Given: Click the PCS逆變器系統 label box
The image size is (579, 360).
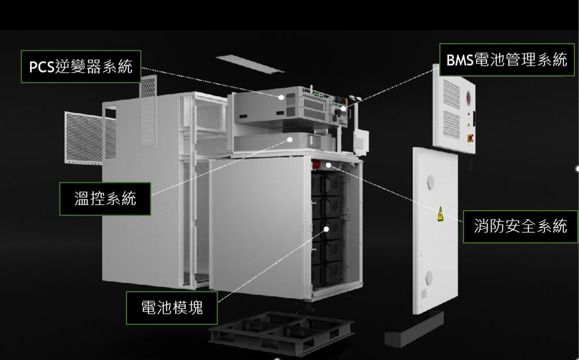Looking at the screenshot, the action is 81,66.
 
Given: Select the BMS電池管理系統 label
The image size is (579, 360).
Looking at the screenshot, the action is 507,60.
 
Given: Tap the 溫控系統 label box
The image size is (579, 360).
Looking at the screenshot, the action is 105,198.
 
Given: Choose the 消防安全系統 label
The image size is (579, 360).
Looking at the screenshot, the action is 520,227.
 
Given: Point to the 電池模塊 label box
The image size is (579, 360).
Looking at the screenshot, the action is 171,307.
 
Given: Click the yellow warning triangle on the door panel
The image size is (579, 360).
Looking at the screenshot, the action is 440,214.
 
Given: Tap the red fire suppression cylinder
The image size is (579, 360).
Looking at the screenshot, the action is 317,164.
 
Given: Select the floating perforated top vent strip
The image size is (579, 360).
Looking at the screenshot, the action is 249,64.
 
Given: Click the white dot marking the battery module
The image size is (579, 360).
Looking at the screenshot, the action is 326,229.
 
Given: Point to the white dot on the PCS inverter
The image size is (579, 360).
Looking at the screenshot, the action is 281,97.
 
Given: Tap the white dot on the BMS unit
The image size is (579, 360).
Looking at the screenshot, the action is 343,108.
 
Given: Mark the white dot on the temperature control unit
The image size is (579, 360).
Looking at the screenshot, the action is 290,140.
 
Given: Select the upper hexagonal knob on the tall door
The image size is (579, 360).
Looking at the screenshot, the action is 430,182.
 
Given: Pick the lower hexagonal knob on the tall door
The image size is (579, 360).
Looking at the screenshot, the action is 429,277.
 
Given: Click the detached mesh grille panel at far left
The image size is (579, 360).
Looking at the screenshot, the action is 84,137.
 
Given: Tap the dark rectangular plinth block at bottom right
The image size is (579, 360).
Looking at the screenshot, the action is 414,329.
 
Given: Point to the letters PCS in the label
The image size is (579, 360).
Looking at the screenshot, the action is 42,67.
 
